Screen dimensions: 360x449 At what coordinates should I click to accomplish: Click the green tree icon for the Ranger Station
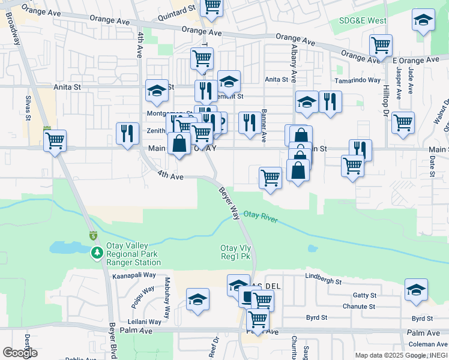[97, 254]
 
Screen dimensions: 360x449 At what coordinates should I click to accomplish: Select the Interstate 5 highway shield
[93, 235]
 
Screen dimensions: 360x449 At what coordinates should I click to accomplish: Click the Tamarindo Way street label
[358, 80]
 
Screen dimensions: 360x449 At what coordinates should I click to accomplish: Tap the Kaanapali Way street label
[134, 275]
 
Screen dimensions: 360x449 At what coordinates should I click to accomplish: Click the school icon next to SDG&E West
[423, 20]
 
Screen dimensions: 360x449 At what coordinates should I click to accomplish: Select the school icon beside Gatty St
[416, 290]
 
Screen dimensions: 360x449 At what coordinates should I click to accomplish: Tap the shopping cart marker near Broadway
[55, 141]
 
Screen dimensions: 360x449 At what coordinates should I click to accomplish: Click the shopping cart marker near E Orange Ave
[381, 45]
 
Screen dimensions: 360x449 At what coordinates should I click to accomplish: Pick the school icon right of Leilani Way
[197, 299]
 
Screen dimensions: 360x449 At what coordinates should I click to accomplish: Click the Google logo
[19, 352]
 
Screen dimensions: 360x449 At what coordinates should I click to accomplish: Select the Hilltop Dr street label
[386, 96]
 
